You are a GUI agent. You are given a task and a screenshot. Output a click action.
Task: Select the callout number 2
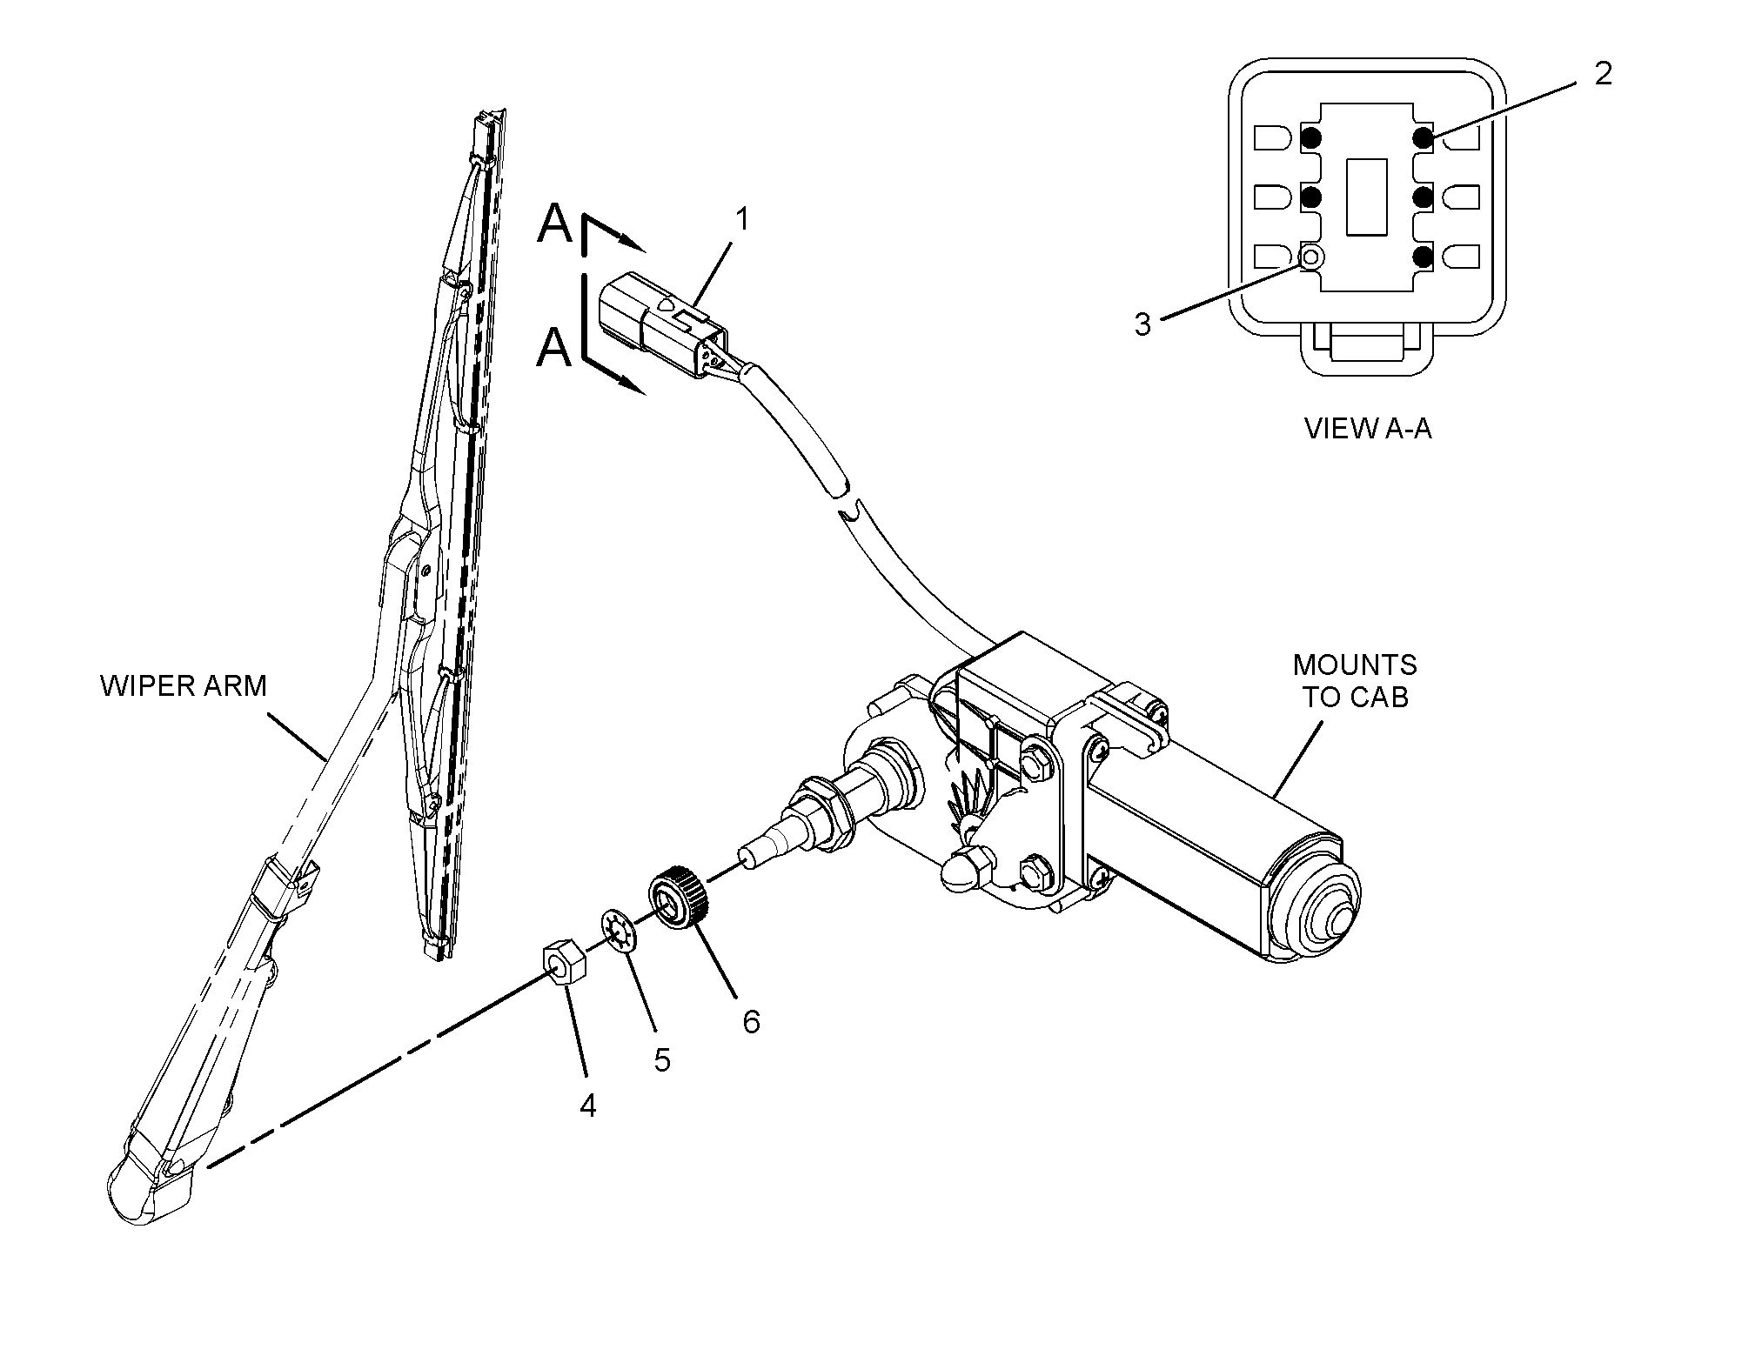click(x=1603, y=74)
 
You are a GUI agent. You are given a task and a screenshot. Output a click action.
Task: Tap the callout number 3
click(x=1142, y=324)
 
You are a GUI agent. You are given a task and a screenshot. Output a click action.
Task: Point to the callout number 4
click(x=588, y=1106)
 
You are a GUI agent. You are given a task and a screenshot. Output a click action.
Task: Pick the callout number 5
click(x=662, y=1059)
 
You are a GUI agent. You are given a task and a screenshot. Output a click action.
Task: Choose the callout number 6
click(x=751, y=1021)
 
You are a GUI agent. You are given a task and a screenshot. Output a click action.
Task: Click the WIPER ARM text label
click(x=183, y=686)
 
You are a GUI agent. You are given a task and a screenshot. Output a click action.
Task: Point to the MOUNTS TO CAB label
click(x=1354, y=681)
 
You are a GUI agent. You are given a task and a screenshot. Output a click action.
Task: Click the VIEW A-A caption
click(x=1367, y=429)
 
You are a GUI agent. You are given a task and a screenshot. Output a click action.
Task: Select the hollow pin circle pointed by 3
click(x=1311, y=257)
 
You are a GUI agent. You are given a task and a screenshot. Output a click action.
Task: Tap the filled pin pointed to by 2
click(x=1423, y=137)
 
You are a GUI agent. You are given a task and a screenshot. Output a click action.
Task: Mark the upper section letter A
click(x=555, y=224)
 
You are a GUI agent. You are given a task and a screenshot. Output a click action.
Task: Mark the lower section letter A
click(x=554, y=349)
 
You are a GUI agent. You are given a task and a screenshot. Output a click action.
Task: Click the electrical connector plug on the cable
click(x=661, y=322)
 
